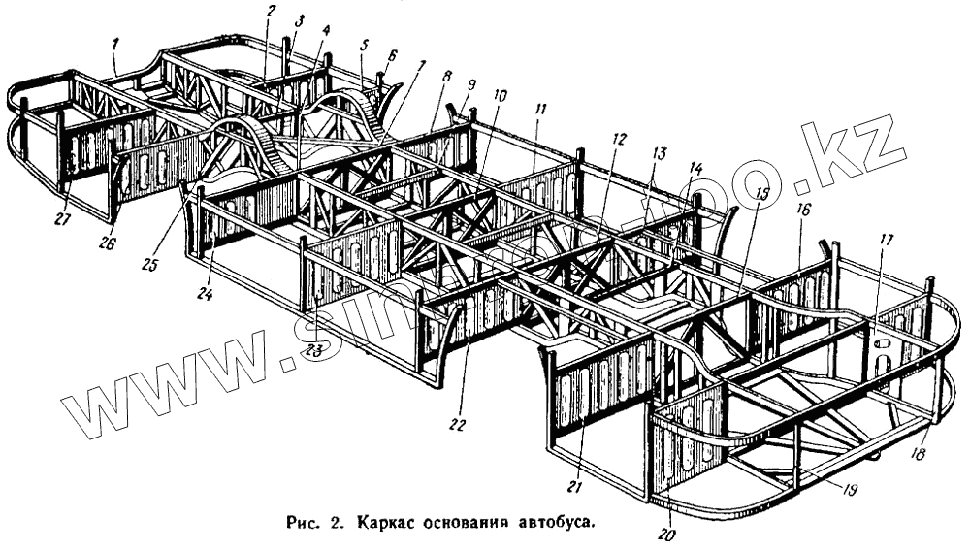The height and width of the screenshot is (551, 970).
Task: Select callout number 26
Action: point(106,243)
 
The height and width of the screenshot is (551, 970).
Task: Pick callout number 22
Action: point(457,424)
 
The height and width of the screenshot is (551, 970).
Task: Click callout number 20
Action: point(666,533)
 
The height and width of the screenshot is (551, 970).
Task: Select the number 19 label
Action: point(849,490)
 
